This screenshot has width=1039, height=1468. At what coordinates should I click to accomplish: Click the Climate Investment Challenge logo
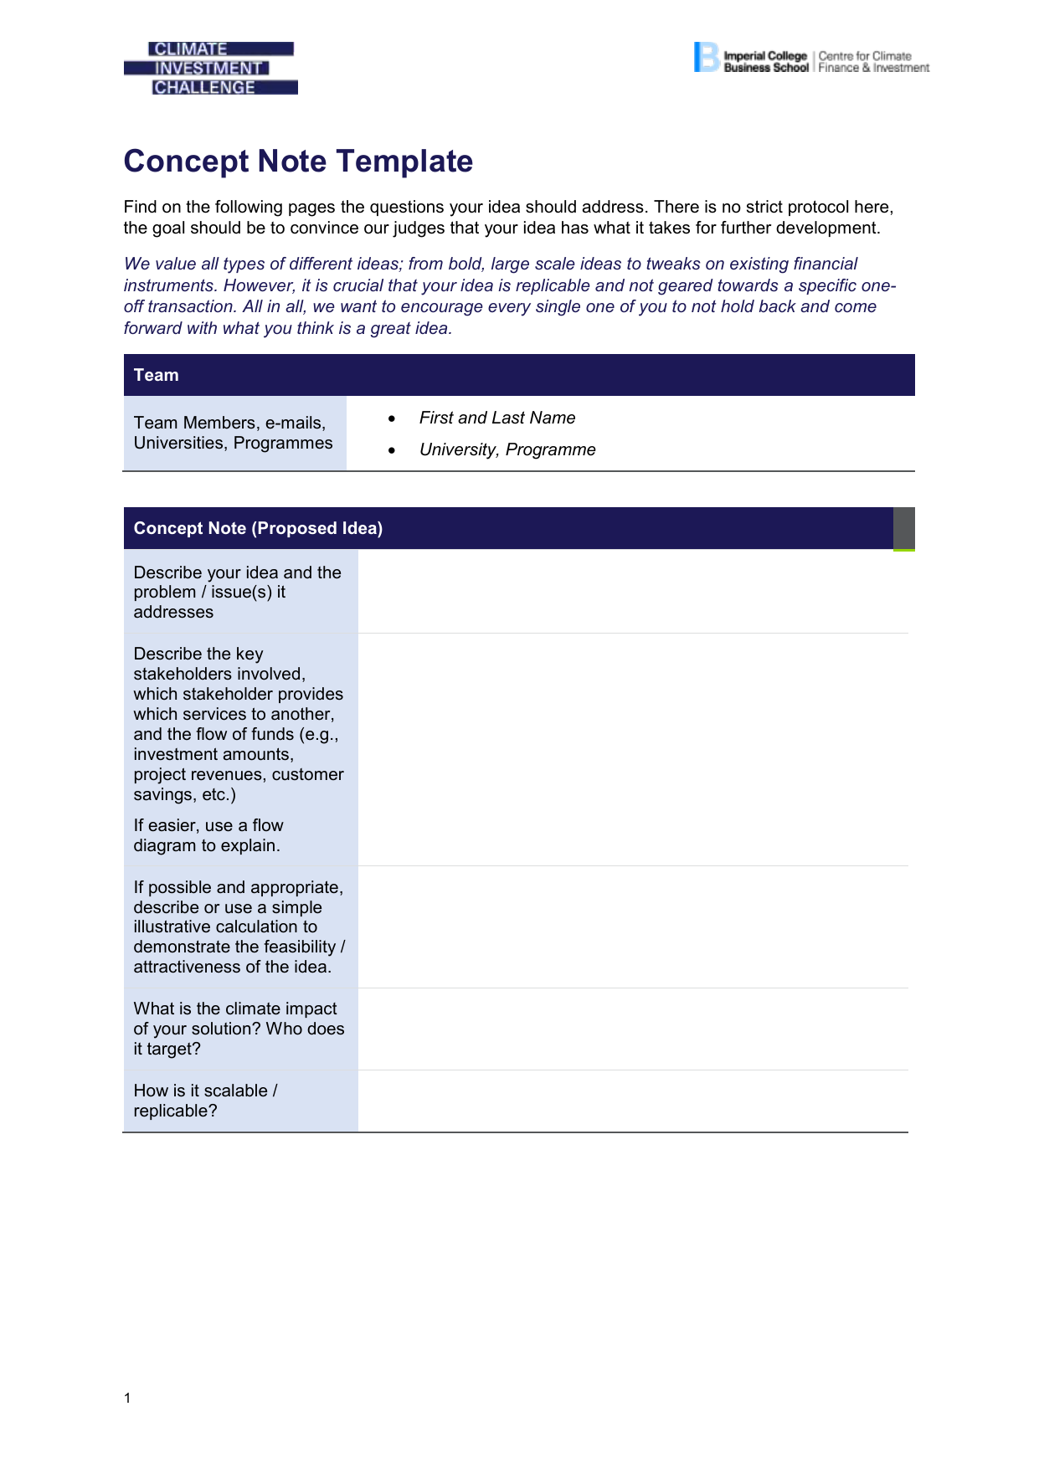click(x=210, y=68)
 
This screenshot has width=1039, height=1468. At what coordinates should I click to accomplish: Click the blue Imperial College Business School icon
click(x=706, y=57)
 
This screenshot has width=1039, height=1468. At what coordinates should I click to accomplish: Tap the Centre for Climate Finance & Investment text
click(x=873, y=62)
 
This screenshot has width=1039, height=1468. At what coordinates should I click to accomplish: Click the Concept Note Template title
click(x=298, y=161)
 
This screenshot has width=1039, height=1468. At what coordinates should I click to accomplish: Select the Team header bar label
click(x=157, y=375)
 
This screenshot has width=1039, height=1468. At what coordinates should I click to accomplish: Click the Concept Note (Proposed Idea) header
click(x=258, y=528)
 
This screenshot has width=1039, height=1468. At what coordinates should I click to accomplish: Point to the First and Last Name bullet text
click(x=497, y=418)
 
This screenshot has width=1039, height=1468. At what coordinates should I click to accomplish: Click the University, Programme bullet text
click(x=507, y=449)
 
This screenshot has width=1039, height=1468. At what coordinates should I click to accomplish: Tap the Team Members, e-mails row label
click(x=233, y=433)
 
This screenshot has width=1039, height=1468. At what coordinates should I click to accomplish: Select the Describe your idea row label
click(x=238, y=592)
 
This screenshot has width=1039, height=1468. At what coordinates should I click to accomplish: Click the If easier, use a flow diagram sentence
click(x=208, y=835)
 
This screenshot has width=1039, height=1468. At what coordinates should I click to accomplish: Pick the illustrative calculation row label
click(x=239, y=926)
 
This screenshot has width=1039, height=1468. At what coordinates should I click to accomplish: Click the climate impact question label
click(x=239, y=1029)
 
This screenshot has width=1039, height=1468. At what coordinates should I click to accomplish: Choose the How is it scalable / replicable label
click(x=205, y=1101)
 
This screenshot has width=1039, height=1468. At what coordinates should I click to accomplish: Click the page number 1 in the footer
click(x=127, y=1398)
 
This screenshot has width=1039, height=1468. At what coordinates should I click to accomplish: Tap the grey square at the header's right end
click(x=904, y=529)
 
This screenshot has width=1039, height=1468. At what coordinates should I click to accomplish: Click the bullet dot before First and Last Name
click(x=391, y=418)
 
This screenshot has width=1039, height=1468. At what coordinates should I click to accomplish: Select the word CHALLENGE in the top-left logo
click(x=204, y=87)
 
